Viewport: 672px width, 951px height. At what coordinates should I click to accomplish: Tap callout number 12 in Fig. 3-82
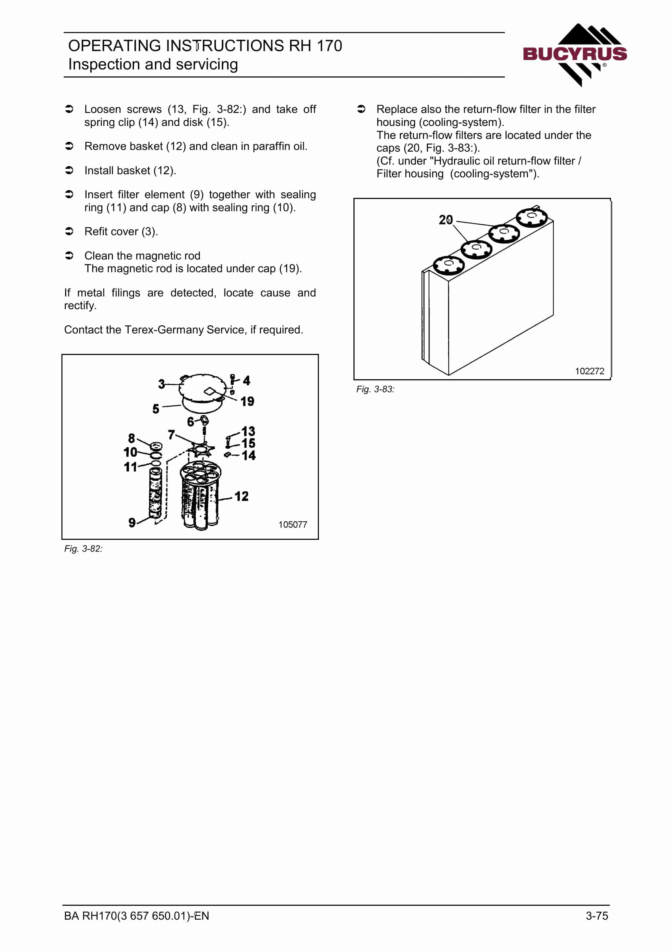pyautogui.click(x=241, y=496)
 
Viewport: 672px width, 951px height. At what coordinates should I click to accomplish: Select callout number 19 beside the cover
pyautogui.click(x=247, y=401)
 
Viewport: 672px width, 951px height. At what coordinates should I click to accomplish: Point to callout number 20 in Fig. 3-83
pyautogui.click(x=446, y=220)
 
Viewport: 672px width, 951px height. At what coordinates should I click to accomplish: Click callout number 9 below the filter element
pyautogui.click(x=132, y=523)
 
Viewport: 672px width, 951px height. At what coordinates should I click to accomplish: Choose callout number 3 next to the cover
pyautogui.click(x=162, y=384)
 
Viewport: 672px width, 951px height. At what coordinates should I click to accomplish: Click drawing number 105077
pyautogui.click(x=293, y=524)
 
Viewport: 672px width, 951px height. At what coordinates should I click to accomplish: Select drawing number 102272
pyautogui.click(x=590, y=371)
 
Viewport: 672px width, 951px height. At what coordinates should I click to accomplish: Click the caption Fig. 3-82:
pyautogui.click(x=83, y=549)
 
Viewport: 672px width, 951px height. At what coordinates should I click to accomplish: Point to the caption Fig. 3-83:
pyautogui.click(x=375, y=389)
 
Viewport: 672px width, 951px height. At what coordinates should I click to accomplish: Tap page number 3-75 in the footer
pyautogui.click(x=597, y=916)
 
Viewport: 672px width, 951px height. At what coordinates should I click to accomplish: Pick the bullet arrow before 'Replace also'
pyautogui.click(x=361, y=109)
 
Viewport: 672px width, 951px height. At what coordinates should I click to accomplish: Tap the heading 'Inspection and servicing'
pyautogui.click(x=153, y=64)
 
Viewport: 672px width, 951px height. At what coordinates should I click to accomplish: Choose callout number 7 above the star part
pyautogui.click(x=171, y=435)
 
